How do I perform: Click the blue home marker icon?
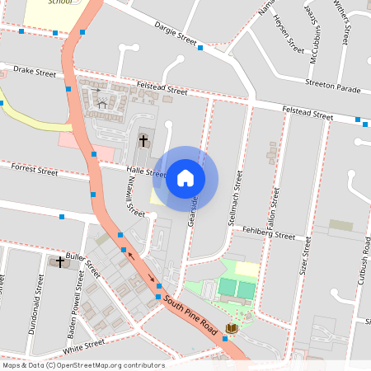coord(185,178)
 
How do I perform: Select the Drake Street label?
coord(35,73)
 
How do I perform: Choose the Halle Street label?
coord(145,171)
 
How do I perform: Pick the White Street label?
coord(83,342)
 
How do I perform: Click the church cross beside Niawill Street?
coord(143,140)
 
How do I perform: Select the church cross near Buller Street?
coord(59,261)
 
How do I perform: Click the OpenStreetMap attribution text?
coord(83,365)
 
